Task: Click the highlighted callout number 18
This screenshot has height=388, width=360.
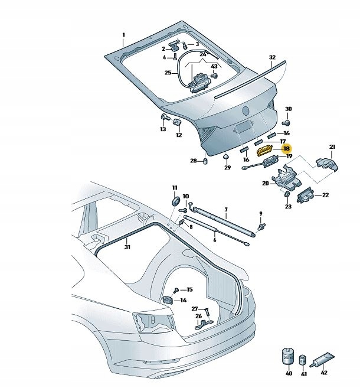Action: click(x=287, y=150)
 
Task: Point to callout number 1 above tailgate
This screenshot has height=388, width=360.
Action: click(x=123, y=35)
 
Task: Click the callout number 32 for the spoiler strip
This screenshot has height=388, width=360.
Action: click(x=272, y=57)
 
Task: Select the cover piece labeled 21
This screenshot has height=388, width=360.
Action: click(x=326, y=165)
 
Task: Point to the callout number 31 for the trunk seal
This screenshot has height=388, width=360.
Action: click(x=127, y=247)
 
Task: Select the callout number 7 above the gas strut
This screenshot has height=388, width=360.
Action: click(x=225, y=210)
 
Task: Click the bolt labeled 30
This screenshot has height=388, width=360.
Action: click(x=286, y=122)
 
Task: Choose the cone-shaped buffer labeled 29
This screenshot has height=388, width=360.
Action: click(x=226, y=157)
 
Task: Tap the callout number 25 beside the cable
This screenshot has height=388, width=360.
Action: click(x=168, y=73)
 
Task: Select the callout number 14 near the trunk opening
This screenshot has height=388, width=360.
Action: click(x=184, y=300)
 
